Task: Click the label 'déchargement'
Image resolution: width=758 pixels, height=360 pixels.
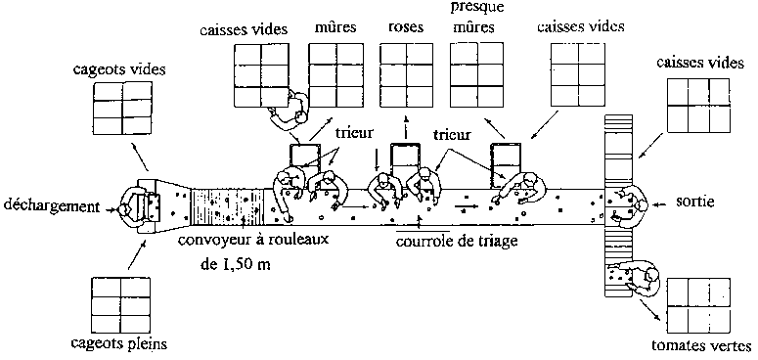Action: point(51,205)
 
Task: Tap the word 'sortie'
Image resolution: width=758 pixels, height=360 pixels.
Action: point(694,202)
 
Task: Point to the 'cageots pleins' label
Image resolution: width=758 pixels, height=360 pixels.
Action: point(119,344)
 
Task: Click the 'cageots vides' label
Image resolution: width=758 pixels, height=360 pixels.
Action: point(119,69)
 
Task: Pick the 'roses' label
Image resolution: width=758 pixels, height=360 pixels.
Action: point(406,27)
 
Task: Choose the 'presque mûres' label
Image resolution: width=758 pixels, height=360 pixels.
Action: point(472,18)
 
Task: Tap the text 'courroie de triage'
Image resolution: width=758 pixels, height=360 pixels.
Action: point(457,240)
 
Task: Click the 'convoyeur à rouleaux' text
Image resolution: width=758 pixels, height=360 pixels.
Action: point(253,240)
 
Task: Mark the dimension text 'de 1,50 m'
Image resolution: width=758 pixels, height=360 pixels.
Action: point(235,264)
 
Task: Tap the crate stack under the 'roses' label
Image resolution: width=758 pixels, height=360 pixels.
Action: point(406,75)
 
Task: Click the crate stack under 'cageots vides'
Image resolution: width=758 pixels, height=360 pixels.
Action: point(122,108)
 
